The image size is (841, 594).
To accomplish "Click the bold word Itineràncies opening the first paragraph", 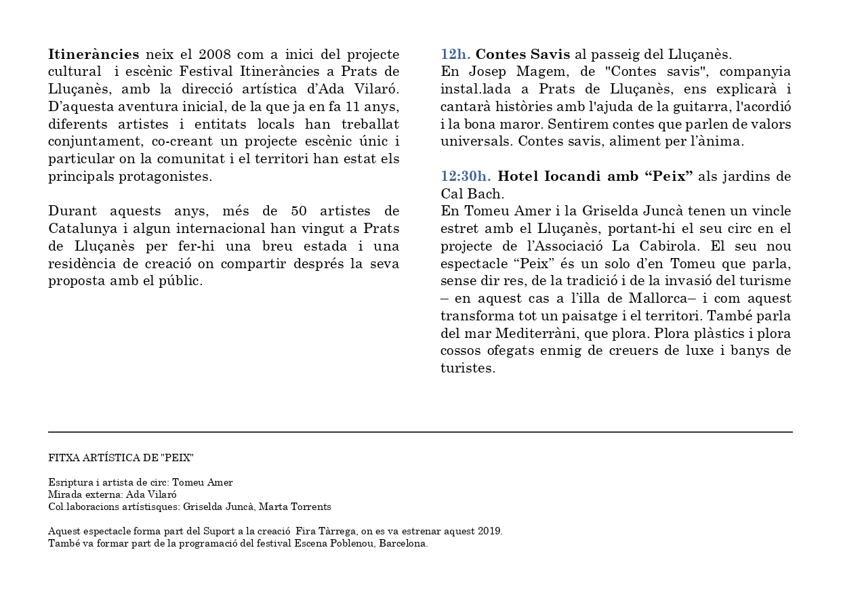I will [x=94, y=54].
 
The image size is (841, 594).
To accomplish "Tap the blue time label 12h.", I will [x=455, y=54].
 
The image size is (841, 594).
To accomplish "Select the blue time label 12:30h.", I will [x=466, y=177].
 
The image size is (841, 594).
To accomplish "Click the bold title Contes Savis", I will [x=523, y=54].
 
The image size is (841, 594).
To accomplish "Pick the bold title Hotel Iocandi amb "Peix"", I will [x=595, y=177].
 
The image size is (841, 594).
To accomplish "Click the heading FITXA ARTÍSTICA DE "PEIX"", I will [x=121, y=458].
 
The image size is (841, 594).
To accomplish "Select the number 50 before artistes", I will [x=299, y=211].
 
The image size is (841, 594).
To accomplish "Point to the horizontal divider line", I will [x=420, y=432].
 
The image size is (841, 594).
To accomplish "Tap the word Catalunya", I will [x=81, y=228].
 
